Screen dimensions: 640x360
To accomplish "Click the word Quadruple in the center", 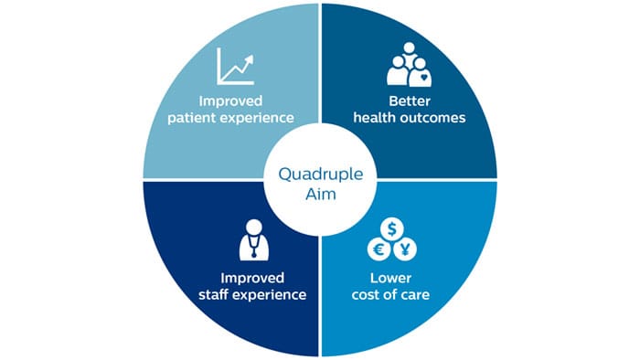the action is tap(320, 175).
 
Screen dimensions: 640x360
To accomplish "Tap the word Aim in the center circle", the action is tap(321, 194).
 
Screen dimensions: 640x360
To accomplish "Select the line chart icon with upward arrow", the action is tap(236, 66).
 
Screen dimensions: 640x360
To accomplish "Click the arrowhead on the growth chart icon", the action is tap(248, 60).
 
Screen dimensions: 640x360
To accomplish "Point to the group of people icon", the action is tap(409, 65).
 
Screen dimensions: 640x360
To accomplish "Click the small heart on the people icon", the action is tap(424, 76).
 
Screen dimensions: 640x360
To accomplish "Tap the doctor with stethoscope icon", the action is tap(254, 240).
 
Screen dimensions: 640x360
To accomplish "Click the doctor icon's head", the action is tap(254, 227).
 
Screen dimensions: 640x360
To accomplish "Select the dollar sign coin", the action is tap(392, 229).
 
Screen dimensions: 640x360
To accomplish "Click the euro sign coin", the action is tap(379, 249).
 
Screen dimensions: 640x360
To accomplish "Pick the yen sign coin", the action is tap(405, 249).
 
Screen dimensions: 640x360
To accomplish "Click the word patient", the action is tap(192, 118).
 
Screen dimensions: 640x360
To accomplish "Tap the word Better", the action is tap(410, 101).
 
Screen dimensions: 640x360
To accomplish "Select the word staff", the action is tap(213, 294).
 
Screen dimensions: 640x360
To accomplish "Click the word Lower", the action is tap(390, 278).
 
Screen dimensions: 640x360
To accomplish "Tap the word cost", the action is tap(366, 295).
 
